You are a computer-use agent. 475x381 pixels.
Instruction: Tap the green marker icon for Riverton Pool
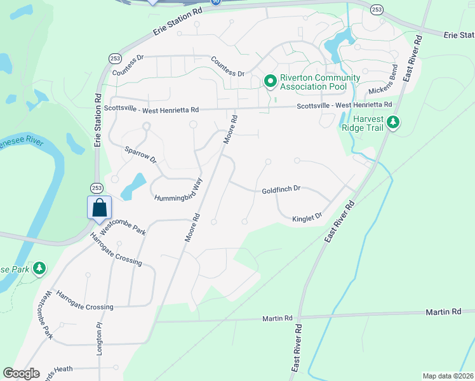click(x=270, y=81)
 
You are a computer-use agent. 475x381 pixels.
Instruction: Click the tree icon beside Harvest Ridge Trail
click(x=393, y=121)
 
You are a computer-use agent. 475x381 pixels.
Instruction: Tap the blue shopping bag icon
click(x=100, y=208)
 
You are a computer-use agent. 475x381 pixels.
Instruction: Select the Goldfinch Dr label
click(x=281, y=190)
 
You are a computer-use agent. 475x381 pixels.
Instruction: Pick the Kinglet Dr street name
click(x=307, y=218)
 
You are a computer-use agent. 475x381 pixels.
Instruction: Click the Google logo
click(x=22, y=373)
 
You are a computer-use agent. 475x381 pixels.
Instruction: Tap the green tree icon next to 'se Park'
click(x=39, y=269)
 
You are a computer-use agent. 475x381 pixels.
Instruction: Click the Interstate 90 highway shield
click(x=217, y=2)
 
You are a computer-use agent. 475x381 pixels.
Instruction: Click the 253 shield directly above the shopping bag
click(x=97, y=188)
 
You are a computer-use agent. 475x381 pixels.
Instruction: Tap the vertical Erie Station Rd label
click(x=98, y=121)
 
